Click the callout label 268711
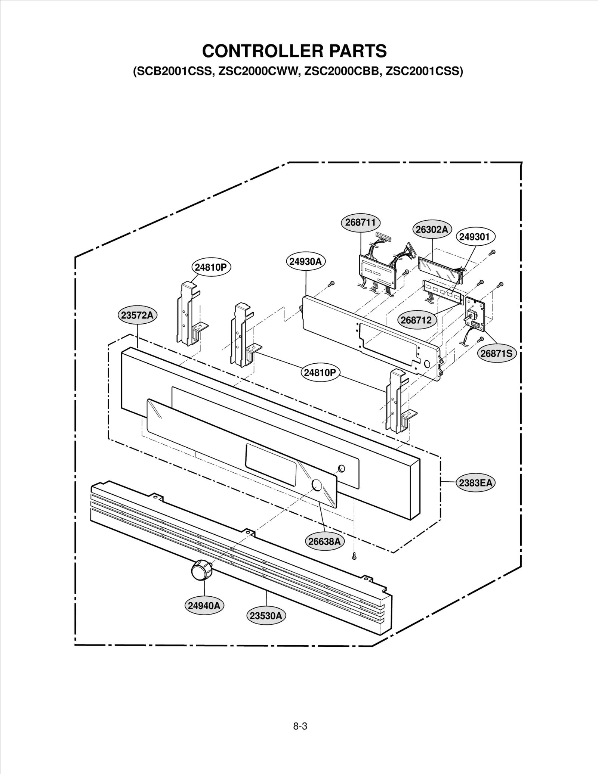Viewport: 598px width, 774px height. click(x=360, y=223)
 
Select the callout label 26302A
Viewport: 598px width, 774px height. click(x=432, y=230)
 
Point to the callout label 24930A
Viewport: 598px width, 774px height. click(x=306, y=262)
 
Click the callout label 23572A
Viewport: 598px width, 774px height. click(x=137, y=315)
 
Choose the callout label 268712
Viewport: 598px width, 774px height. click(x=416, y=320)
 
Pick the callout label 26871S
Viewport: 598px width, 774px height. click(x=496, y=353)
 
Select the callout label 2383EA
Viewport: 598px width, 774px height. click(x=475, y=483)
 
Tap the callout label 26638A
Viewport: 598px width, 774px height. click(x=324, y=541)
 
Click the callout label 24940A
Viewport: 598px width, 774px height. click(x=204, y=606)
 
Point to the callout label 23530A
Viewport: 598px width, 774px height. click(x=266, y=616)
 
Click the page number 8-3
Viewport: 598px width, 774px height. click(x=300, y=726)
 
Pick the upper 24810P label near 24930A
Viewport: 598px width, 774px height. click(x=211, y=267)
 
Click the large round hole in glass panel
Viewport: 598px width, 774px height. click(x=316, y=485)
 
